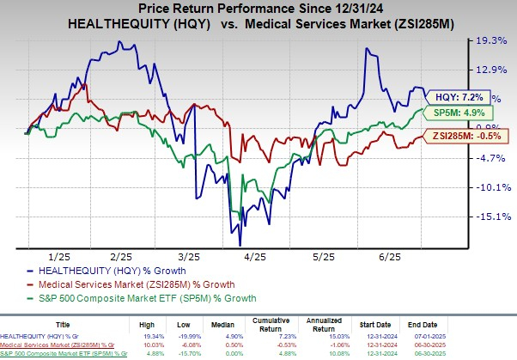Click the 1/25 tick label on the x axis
coord(59,256)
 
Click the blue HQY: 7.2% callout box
coord(459,97)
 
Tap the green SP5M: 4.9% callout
coord(456,113)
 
